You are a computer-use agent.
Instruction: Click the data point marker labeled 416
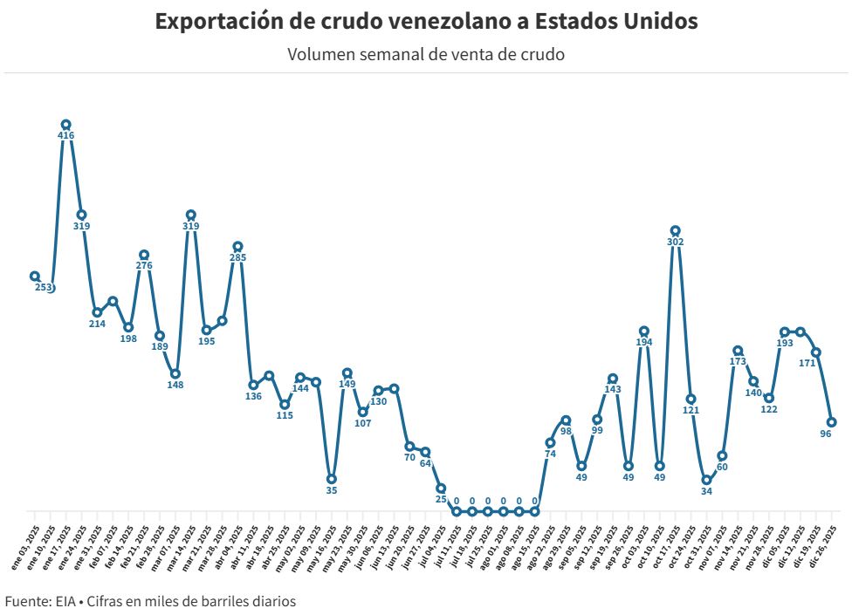pyautogui.click(x=65, y=125)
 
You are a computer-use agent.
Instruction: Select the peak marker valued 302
pyautogui.click(x=675, y=230)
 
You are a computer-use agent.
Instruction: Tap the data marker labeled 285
pyautogui.click(x=237, y=246)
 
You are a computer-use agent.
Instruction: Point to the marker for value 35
pyautogui.click(x=332, y=479)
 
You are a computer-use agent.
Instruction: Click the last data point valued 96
pyautogui.click(x=832, y=422)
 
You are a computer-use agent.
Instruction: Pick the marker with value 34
pyautogui.click(x=706, y=480)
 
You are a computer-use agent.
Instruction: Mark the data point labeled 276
pyautogui.click(x=144, y=255)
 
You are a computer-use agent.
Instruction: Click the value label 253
pyautogui.click(x=44, y=287)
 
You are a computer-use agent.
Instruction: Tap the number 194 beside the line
pyautogui.click(x=643, y=343)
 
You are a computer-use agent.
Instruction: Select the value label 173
pyautogui.click(x=738, y=361)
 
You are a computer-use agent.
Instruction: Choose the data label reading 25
pyautogui.click(x=441, y=500)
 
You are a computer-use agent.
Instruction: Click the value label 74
pyautogui.click(x=550, y=454)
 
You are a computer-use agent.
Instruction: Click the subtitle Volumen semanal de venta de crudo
pyautogui.click(x=426, y=54)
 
